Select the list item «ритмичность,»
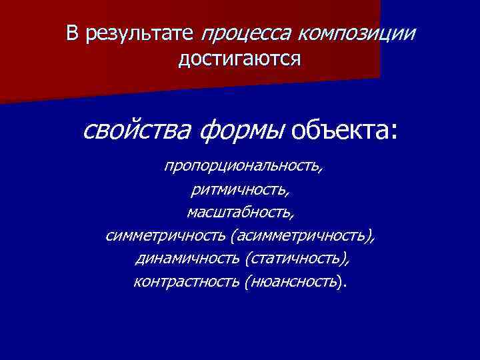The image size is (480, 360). tap(240, 190)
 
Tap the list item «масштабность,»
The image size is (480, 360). tap(240, 213)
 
